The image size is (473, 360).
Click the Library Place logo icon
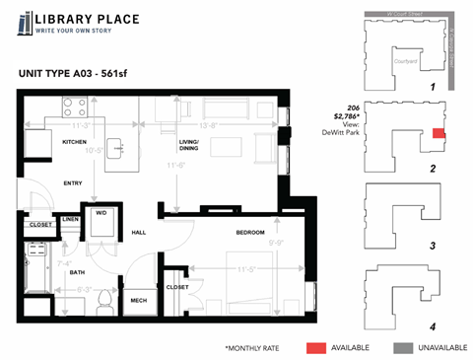point(23,24)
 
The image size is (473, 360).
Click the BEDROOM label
point(249,232)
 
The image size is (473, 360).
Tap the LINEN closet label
point(71,219)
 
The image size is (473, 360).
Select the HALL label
point(139,233)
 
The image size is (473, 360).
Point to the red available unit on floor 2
point(439,133)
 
